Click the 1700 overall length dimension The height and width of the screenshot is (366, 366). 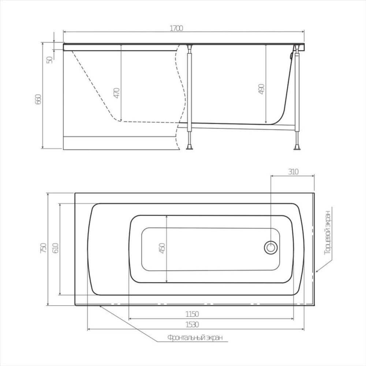177,28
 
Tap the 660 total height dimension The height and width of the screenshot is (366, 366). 38,99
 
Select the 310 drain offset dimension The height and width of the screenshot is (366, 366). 294,171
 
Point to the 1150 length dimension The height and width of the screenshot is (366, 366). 192,314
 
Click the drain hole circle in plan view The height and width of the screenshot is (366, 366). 271,247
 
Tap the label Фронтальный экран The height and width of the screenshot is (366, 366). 195,337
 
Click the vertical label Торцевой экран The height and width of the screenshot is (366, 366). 329,233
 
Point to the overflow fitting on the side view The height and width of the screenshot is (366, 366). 291,56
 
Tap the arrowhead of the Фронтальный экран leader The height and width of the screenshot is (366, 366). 101,306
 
